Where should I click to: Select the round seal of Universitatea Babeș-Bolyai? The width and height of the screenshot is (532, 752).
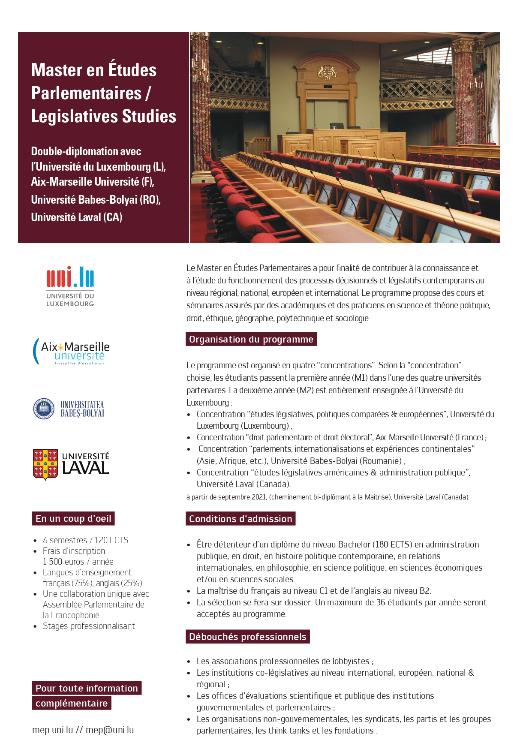tap(44, 408)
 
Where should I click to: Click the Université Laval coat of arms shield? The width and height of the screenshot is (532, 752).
tap(45, 464)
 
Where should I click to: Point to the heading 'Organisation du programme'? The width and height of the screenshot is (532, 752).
tap(251, 339)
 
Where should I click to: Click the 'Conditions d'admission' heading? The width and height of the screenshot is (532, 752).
tap(240, 519)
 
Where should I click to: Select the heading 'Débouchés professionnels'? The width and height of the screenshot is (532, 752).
tap(248, 637)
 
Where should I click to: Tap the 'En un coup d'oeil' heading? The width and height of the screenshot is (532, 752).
tap(73, 518)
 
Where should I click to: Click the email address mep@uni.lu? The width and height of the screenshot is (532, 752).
tap(110, 730)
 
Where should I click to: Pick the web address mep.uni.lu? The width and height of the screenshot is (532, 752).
tap(52, 730)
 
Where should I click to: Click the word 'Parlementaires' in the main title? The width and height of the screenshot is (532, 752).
tap(86, 93)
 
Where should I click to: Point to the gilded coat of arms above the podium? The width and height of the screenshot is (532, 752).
tap(327, 72)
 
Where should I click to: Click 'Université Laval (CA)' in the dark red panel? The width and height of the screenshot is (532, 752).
tap(77, 217)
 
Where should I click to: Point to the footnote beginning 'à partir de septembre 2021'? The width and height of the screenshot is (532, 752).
tap(328, 497)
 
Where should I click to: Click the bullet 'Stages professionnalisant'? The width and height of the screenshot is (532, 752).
tap(89, 626)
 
